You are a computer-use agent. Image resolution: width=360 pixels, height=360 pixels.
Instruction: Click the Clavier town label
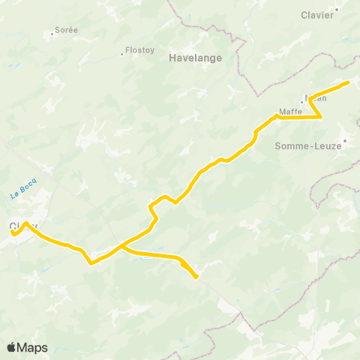(x=317, y=15)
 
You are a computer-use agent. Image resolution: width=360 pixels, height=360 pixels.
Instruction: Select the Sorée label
(x=66, y=31)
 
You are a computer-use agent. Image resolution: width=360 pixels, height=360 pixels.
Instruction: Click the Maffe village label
(x=289, y=112)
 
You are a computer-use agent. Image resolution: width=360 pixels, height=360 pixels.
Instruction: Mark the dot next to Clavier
(x=337, y=10)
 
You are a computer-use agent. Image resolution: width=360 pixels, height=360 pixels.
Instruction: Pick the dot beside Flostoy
(x=121, y=54)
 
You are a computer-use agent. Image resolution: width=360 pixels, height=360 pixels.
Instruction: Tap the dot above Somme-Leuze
(x=345, y=139)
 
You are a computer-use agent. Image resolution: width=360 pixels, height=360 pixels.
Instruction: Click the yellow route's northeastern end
(x=348, y=82)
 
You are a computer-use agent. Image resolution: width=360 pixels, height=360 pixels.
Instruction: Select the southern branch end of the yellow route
(x=196, y=277)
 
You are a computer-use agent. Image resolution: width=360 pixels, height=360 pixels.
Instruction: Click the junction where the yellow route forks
(x=120, y=245)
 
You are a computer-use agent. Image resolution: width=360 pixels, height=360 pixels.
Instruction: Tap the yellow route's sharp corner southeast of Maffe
(x=321, y=116)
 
